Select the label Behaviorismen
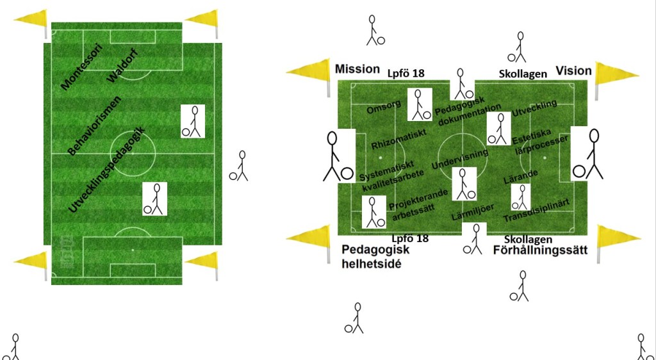94,126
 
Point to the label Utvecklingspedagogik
106,170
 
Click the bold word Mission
357,69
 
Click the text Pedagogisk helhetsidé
375,256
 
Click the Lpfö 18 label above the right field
407,74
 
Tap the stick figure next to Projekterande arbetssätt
373,213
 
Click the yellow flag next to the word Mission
309,75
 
